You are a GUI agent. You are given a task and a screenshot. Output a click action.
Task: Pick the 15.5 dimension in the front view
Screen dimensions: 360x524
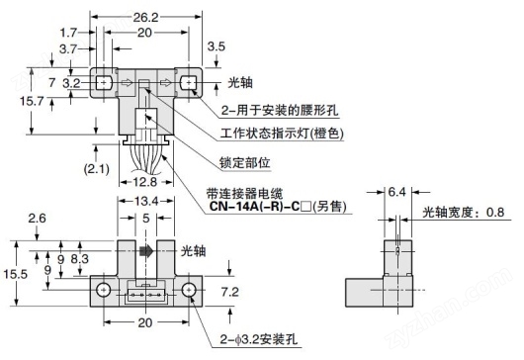13,273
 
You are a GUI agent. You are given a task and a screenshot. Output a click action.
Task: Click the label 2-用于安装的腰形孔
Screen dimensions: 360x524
282,110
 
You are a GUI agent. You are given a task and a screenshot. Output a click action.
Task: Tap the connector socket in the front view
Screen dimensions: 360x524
144,292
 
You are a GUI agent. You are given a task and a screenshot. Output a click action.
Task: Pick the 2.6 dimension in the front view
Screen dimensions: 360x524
37,218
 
